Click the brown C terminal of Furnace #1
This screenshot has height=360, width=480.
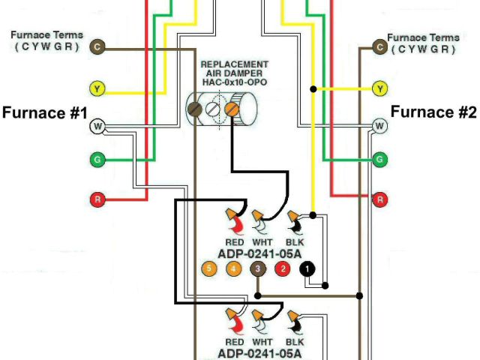click(97, 48)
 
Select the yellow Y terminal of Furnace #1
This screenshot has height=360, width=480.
click(97, 88)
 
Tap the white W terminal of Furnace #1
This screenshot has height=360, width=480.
click(97, 127)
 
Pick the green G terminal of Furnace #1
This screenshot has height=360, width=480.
click(97, 159)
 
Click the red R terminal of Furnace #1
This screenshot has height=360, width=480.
click(97, 199)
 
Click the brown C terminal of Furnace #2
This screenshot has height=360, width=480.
click(380, 48)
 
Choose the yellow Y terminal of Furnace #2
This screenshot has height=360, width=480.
click(380, 88)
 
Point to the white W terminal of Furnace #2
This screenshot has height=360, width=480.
click(380, 127)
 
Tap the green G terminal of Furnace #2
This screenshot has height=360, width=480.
click(380, 159)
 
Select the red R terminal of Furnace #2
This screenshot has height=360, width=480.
click(380, 199)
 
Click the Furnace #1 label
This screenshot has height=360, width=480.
click(46, 113)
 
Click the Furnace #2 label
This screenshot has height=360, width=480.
click(433, 113)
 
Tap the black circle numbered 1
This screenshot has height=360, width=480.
click(307, 268)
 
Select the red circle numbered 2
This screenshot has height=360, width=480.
click(282, 268)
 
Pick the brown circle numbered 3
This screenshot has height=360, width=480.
click(257, 268)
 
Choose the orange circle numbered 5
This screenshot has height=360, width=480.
click(208, 268)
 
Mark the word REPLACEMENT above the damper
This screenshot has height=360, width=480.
click(234, 64)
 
